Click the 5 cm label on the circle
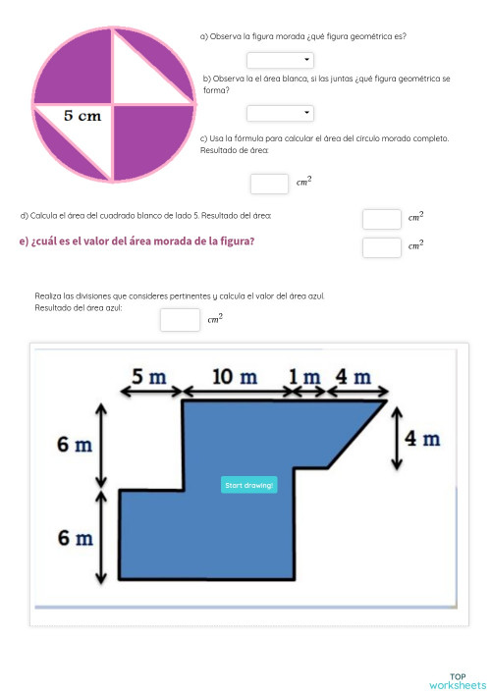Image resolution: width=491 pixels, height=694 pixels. click(82, 116)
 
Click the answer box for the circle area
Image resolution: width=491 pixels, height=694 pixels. click(268, 184)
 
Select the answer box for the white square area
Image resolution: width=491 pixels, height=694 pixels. click(381, 219)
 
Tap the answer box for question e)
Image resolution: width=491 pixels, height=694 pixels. click(381, 247)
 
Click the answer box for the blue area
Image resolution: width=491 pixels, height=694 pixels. click(180, 320)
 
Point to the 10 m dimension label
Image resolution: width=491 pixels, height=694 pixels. click(236, 377)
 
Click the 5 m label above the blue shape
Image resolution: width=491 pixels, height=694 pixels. click(150, 377)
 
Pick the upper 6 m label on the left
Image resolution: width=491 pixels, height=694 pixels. click(75, 446)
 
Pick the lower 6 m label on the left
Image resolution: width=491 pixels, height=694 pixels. click(75, 538)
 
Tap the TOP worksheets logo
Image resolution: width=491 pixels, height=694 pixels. click(457, 680)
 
